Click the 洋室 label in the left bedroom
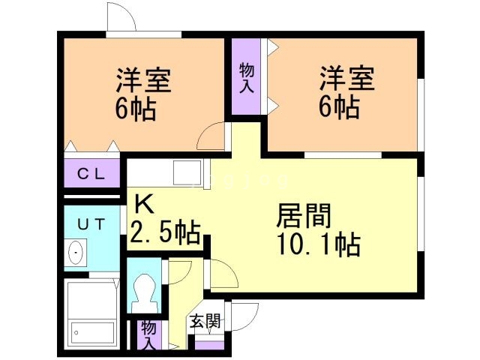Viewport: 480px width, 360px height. coord(143,80)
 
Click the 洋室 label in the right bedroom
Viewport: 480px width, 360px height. coord(347,78)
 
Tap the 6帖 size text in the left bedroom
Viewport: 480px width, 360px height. coord(136,109)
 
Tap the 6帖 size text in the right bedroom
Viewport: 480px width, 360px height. coord(339,107)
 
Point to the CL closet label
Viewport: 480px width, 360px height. coord(92,175)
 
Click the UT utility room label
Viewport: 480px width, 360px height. coord(91,223)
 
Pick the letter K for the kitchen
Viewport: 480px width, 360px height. coord(144,204)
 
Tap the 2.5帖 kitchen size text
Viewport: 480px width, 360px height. coord(165,232)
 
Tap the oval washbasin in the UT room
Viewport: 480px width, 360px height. coord(76,254)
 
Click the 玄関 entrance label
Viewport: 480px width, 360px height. coord(205,322)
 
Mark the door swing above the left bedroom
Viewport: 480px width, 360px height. coord(122,19)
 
